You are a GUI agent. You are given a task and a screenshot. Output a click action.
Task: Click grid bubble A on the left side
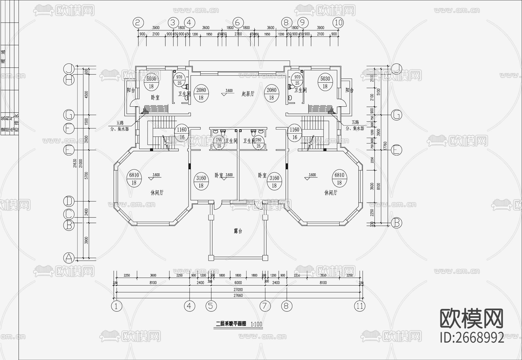click(x=69, y=257)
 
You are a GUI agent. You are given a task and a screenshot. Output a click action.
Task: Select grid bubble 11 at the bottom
click(x=360, y=306)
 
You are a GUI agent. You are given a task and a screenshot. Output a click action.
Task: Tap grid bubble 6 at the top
click(x=238, y=22)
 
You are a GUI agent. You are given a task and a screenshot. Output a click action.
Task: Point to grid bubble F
click(x=69, y=128)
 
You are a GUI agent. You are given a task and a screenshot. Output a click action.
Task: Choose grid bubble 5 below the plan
click(x=211, y=306)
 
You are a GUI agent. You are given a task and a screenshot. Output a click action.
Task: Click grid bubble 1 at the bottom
click(x=117, y=306)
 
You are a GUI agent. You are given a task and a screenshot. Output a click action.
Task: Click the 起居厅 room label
click(x=248, y=94)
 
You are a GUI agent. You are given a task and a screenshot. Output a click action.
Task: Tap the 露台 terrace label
click(x=238, y=231)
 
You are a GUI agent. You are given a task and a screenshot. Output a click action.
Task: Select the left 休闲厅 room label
click(x=157, y=193)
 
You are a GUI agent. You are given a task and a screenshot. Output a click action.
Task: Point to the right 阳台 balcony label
click(x=349, y=90)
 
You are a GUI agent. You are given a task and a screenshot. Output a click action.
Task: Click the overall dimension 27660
click(x=238, y=295)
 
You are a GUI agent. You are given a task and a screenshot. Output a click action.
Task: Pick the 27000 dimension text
click(x=238, y=289)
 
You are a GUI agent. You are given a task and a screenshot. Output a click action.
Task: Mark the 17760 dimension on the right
click(x=385, y=146)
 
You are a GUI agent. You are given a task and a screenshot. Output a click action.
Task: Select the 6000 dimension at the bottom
click(x=238, y=283)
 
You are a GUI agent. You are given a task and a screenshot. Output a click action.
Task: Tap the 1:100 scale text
click(x=256, y=324)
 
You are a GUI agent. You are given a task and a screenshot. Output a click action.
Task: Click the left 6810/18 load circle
click(x=134, y=179)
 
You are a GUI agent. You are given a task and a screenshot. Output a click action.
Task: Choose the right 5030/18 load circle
click(x=325, y=82)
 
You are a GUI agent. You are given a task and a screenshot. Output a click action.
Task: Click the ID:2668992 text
click(x=472, y=338)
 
